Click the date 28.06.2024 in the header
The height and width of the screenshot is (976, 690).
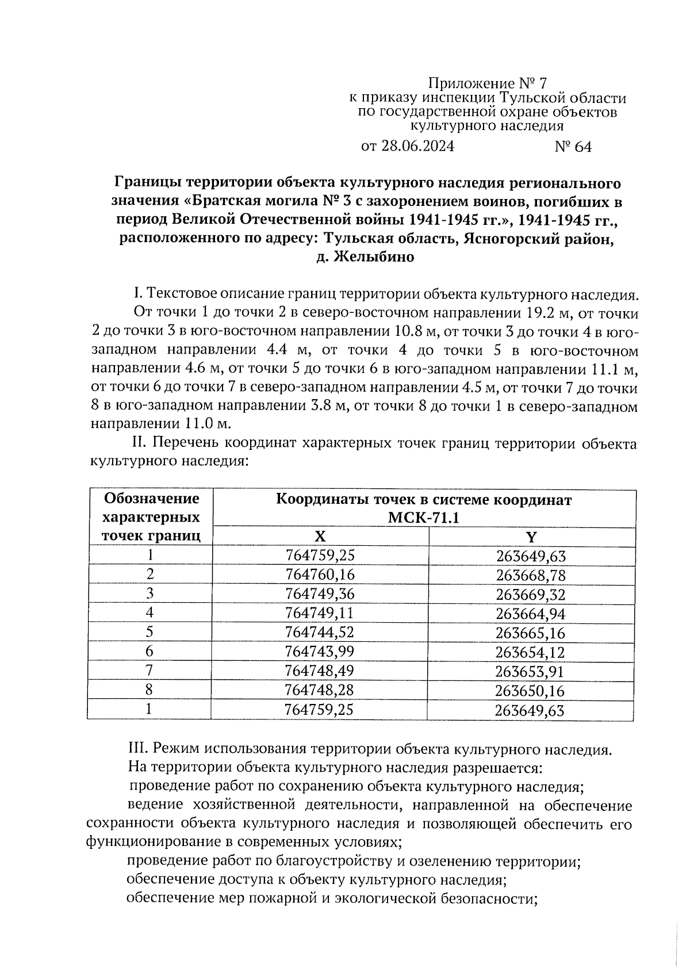[x=417, y=147]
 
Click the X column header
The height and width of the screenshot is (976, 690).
[x=320, y=537]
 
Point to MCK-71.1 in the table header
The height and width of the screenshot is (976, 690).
[x=424, y=518]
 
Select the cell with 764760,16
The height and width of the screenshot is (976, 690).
[x=320, y=575]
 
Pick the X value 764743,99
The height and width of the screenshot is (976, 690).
[x=320, y=652]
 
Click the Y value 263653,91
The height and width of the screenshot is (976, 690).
[x=530, y=671]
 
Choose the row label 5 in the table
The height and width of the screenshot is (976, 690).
[x=149, y=632]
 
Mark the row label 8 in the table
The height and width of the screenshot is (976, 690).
[x=149, y=690]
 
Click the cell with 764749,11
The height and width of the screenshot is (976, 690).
[x=320, y=613]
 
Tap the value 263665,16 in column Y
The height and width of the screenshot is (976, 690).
[x=530, y=633]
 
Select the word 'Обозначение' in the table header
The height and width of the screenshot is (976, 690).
[x=152, y=499]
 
